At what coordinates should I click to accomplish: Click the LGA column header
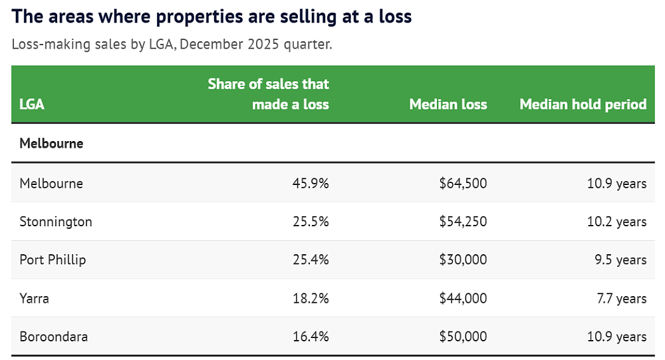pos(32,104)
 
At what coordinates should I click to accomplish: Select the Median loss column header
pos(448,104)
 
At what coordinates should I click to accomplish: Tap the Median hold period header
pos(583,104)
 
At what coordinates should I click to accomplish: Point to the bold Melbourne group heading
pos(51,144)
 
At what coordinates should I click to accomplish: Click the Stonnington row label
pos(56,222)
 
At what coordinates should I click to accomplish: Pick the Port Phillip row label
pos(53,260)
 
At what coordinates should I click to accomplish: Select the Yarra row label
pos(34,298)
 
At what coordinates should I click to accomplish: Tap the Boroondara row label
pos(53,337)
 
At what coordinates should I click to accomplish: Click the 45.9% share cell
pos(311,184)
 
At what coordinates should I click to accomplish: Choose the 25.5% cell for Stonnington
pos(311,222)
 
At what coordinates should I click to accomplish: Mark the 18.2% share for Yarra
pos(311,298)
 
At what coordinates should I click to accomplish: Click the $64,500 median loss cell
pos(463,184)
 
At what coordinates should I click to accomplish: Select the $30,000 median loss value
pos(463,260)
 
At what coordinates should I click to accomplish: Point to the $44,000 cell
pos(463,298)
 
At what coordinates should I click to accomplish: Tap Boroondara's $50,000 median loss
pos(463,337)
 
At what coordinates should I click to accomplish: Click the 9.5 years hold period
pos(620,260)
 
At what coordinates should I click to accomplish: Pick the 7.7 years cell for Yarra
pos(622,298)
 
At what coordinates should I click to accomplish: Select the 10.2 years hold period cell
pos(616,222)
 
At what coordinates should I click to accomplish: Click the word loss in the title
pos(395,17)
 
